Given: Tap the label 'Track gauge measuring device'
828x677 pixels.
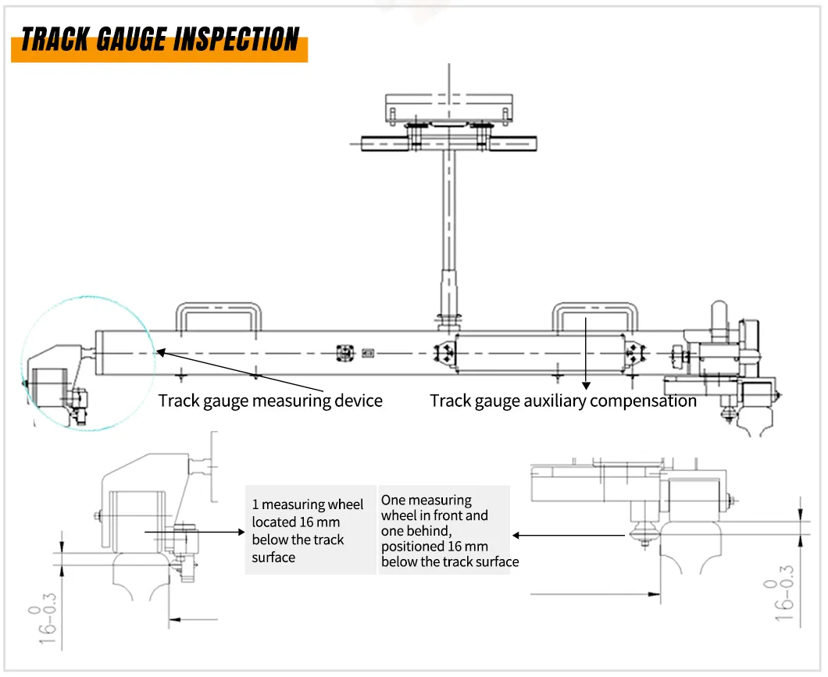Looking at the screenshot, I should click(x=270, y=401).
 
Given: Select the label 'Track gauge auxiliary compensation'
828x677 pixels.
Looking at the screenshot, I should click(x=562, y=401).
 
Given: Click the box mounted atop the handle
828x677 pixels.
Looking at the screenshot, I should click(x=450, y=105).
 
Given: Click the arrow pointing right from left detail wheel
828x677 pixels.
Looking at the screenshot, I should click(x=219, y=532).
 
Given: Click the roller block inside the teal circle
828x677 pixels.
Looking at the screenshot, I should click(x=47, y=386).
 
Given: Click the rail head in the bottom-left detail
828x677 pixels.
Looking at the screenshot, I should click(x=141, y=578).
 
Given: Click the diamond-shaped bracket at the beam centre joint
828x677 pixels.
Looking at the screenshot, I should click(x=446, y=354).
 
